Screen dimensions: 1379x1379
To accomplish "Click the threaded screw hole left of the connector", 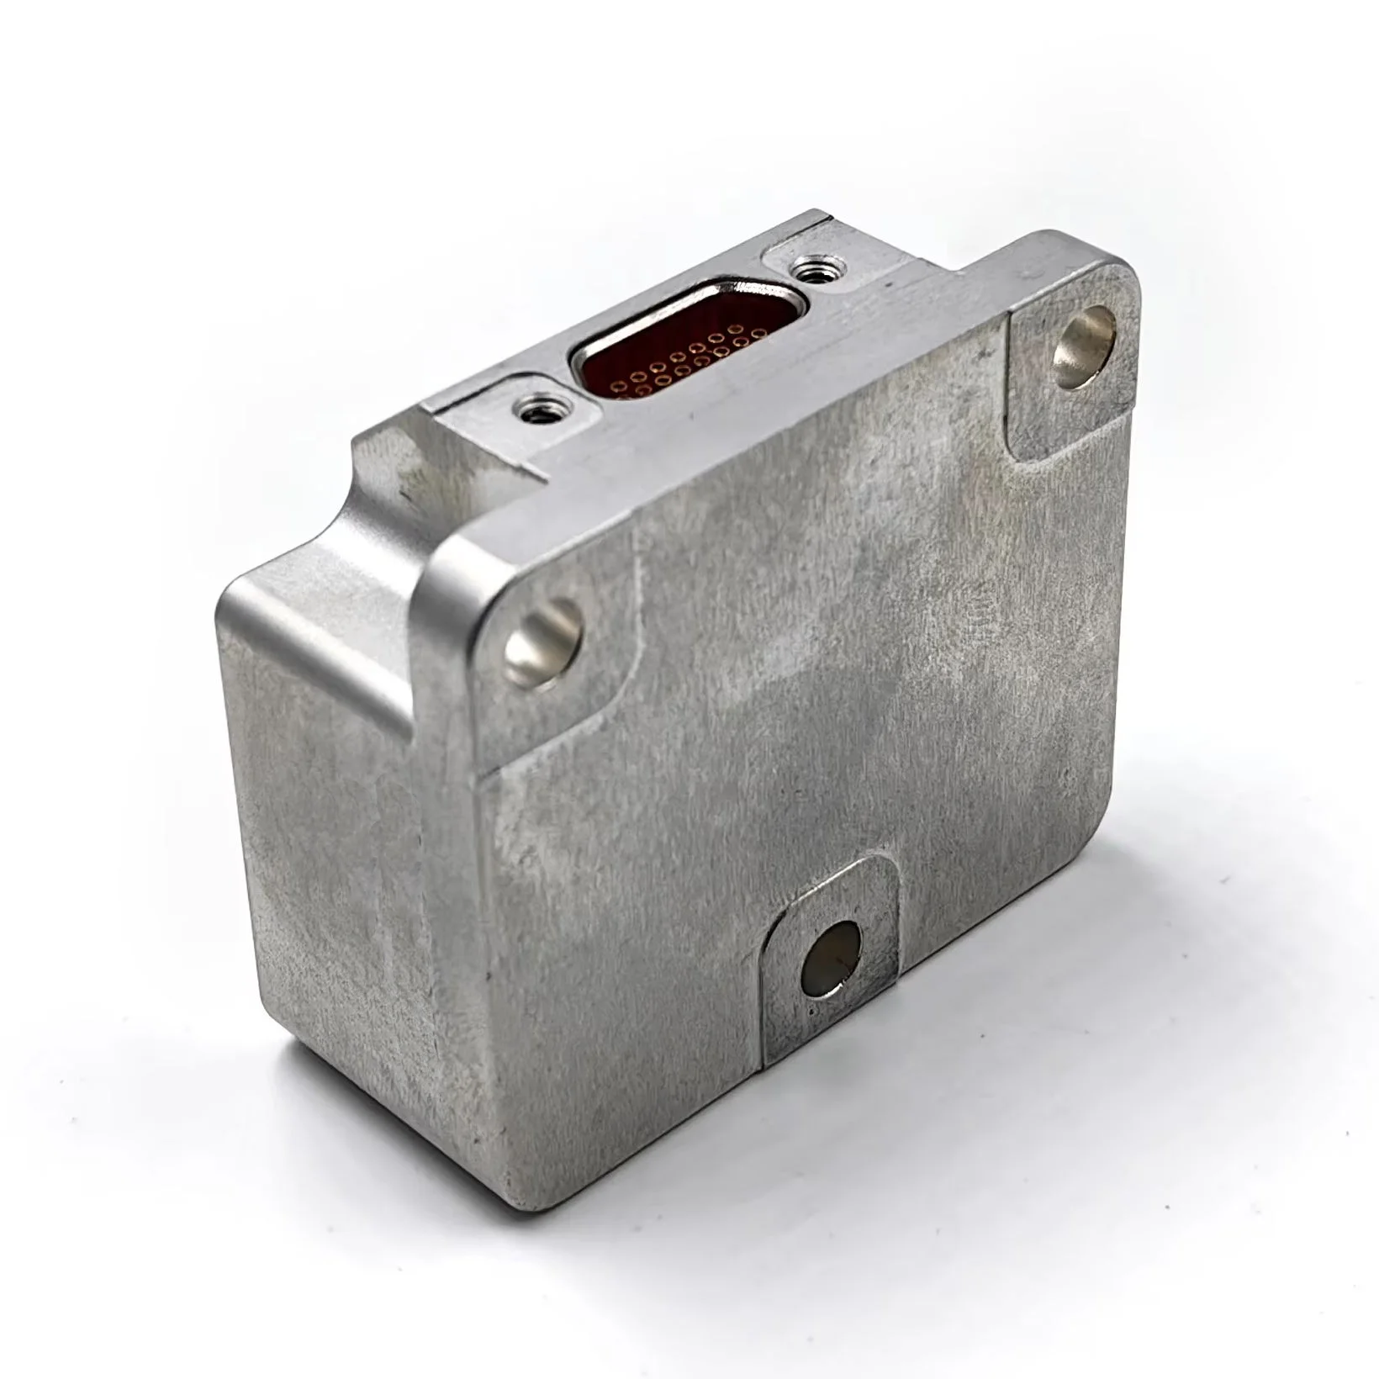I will (x=533, y=410).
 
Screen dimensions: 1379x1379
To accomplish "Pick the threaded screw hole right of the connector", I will (x=811, y=271).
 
